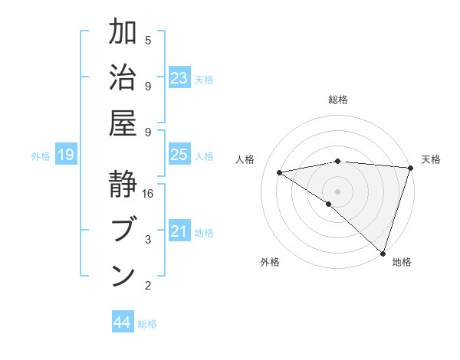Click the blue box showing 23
coord(179,78)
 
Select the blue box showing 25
coord(179,155)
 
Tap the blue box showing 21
coord(179,231)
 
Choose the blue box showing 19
coord(66,155)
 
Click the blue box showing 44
coord(123,322)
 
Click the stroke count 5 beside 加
coord(148,40)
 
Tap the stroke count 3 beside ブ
coord(148,240)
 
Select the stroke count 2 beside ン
coord(148,286)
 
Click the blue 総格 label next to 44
coord(147,324)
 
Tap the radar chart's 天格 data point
coord(411,169)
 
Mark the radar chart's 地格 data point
coord(383,252)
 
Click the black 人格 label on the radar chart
coord(245,159)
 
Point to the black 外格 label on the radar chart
coord(270,262)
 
